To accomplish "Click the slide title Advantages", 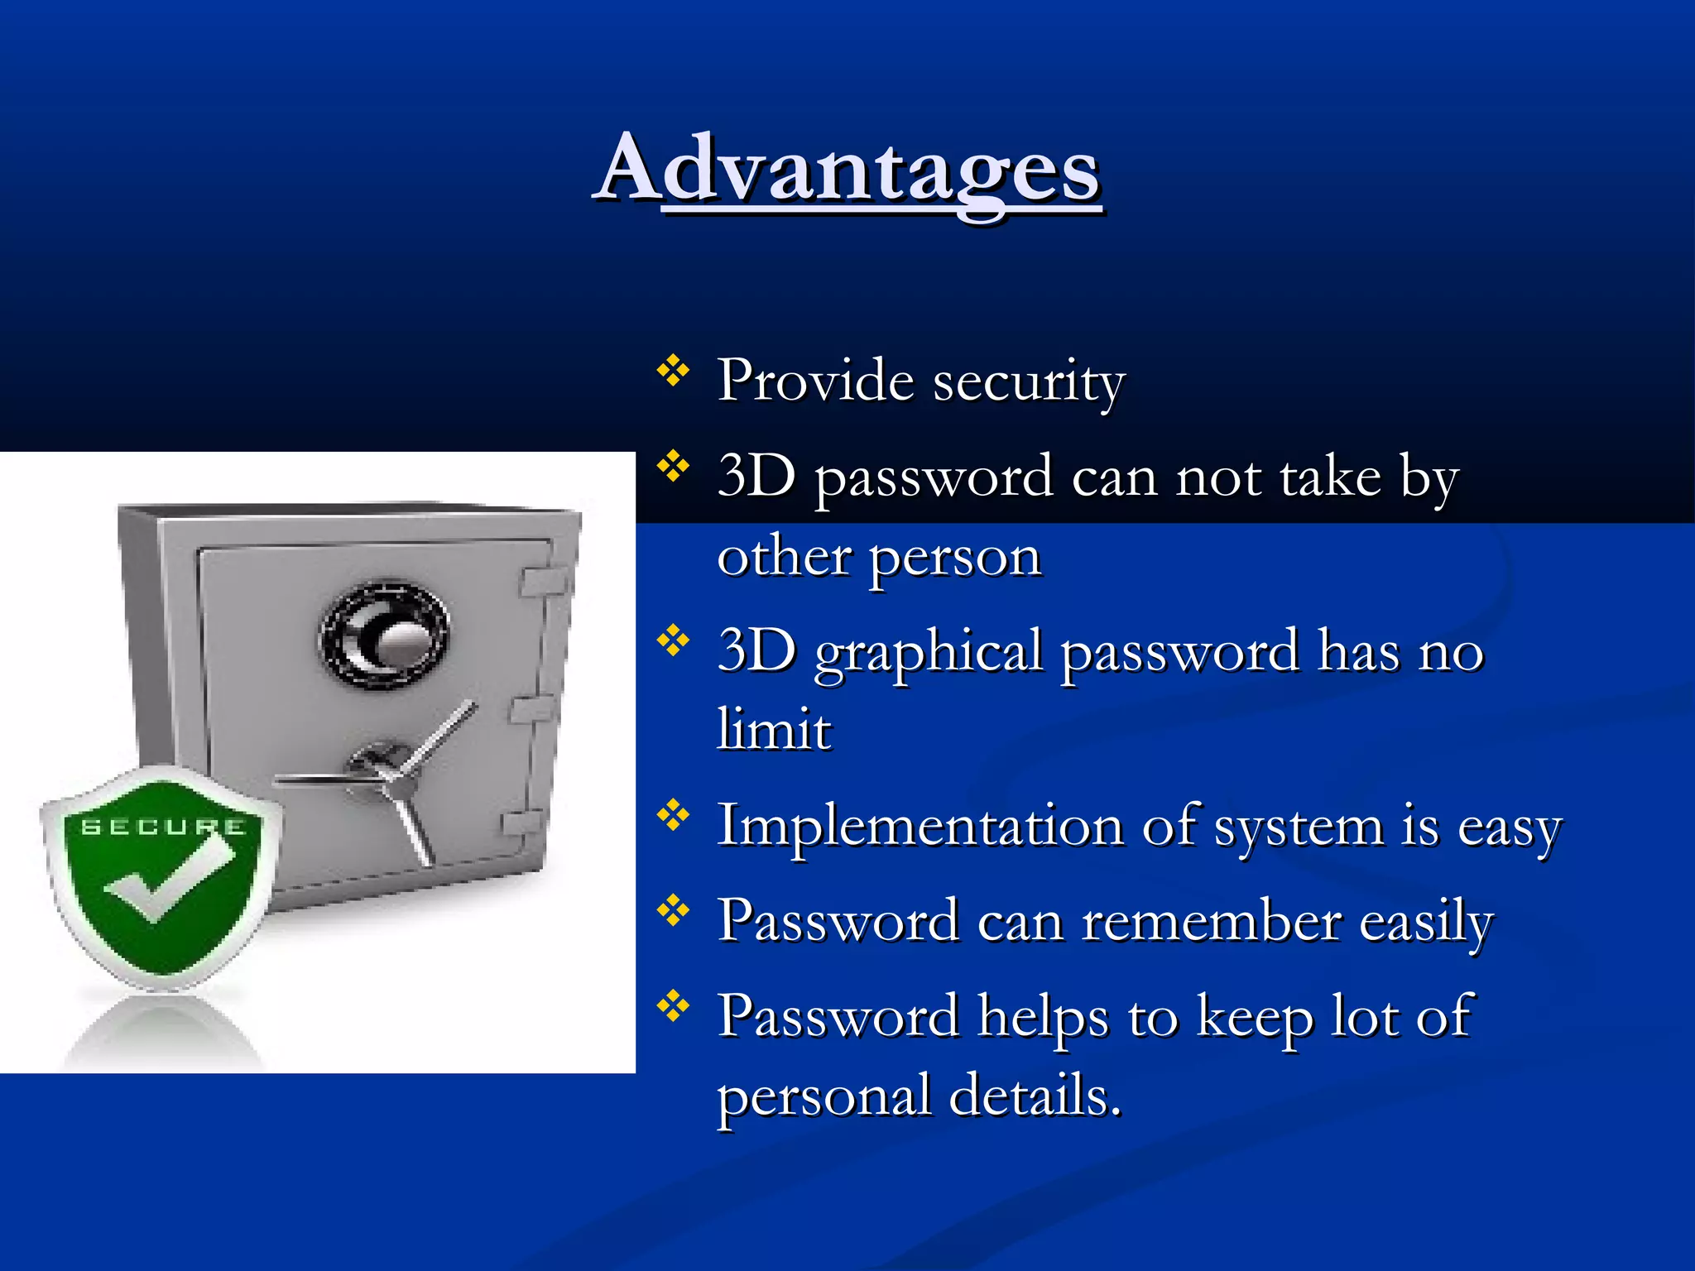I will [x=847, y=170].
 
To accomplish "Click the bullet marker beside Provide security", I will [x=673, y=372].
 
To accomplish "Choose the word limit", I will [x=774, y=730].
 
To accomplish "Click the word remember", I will [x=1212, y=921].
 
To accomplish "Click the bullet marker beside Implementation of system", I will [x=673, y=816].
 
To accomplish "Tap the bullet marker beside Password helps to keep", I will [x=673, y=1006].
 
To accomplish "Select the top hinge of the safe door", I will [x=542, y=580].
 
